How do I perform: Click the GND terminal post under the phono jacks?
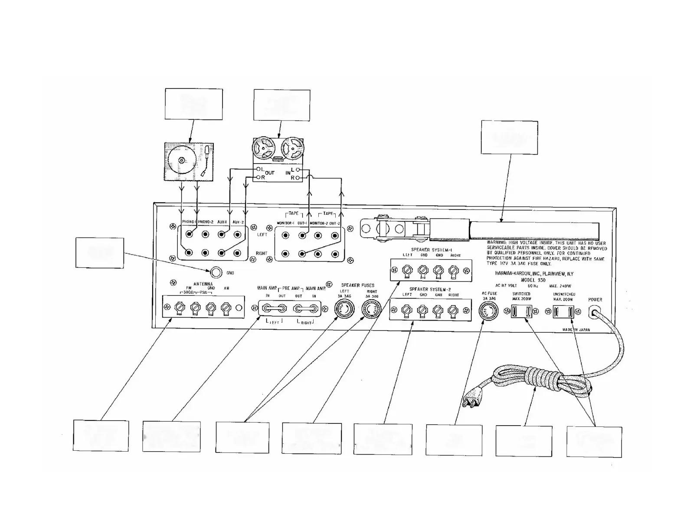pos(216,272)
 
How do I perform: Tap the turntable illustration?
pos(188,161)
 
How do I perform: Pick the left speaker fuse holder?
pos(343,310)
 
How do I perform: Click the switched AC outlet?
pos(521,311)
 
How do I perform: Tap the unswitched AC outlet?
pos(563,311)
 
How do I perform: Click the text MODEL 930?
pos(533,280)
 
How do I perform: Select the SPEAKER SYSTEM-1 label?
pos(432,250)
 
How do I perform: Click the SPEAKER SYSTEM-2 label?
pos(431,289)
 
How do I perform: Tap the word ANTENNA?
pos(203,284)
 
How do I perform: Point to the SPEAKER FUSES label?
pos(357,285)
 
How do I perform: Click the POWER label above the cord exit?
pos(595,300)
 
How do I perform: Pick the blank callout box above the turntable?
pos(194,104)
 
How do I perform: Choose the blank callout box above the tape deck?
pos(281,105)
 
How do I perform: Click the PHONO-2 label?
pos(206,222)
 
